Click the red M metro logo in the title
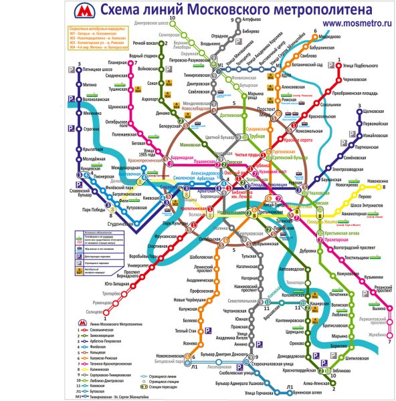(84, 11)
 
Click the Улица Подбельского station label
(362, 65)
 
